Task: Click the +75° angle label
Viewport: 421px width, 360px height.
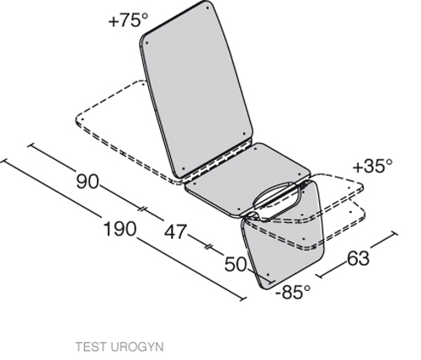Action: pyautogui.click(x=128, y=20)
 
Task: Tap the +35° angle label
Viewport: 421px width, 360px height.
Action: pyautogui.click(x=372, y=167)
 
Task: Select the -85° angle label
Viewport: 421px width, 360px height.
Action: pyautogui.click(x=293, y=292)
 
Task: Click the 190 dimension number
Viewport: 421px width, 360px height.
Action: pyautogui.click(x=120, y=229)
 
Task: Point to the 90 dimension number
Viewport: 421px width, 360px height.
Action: pyautogui.click(x=88, y=182)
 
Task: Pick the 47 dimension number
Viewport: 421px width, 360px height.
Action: pyautogui.click(x=175, y=232)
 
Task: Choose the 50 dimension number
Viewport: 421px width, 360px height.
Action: pyautogui.click(x=236, y=264)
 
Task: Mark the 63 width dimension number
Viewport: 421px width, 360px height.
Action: pyautogui.click(x=358, y=258)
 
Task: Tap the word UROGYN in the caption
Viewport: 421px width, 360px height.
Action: pyautogui.click(x=136, y=347)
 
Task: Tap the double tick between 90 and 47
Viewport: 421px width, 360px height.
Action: pyautogui.click(x=143, y=209)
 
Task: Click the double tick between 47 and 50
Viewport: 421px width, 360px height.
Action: pyautogui.click(x=209, y=246)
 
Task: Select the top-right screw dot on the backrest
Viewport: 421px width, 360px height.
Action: pyautogui.click(x=207, y=8)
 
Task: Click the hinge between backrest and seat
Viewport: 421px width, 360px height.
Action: pyautogui.click(x=217, y=161)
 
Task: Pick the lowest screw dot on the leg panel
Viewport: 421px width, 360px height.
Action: pyautogui.click(x=269, y=275)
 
